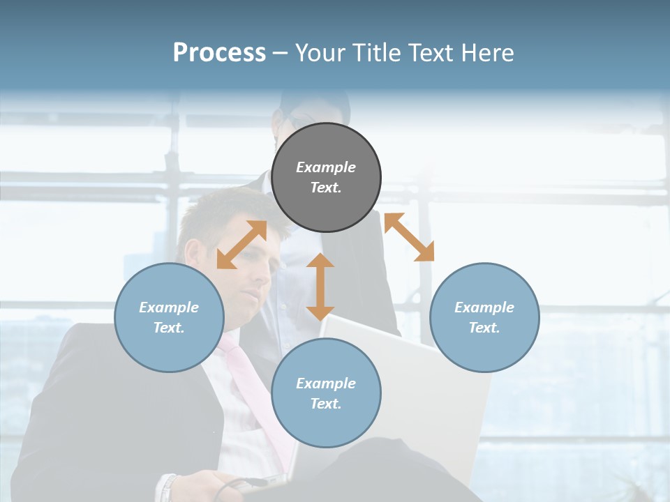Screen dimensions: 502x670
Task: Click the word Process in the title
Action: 219,52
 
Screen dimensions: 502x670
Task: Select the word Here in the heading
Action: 486,53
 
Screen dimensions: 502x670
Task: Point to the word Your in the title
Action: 321,53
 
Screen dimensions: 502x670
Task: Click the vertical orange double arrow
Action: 320,287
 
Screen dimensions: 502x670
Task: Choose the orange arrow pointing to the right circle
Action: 409,237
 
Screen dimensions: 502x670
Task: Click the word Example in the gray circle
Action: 326,167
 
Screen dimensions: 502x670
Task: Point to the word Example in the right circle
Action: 484,307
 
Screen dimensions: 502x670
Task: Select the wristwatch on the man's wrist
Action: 167,488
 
